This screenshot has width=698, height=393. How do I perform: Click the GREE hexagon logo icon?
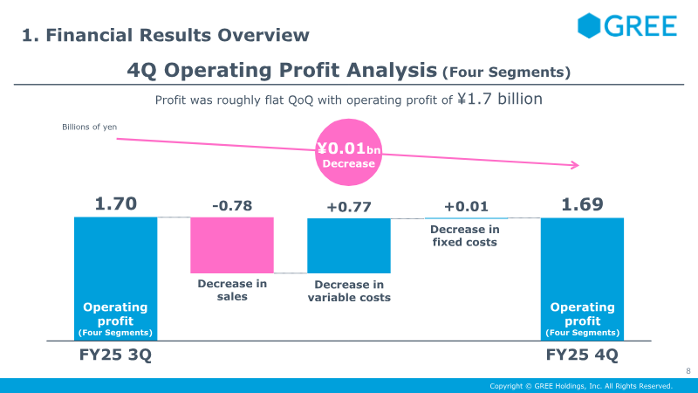591,25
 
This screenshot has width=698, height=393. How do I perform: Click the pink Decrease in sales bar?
232,245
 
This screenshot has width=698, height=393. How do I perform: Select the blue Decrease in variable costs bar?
349,245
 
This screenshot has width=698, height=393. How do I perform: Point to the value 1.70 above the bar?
115,204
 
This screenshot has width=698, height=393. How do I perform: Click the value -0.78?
232,206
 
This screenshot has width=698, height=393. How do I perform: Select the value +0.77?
349,206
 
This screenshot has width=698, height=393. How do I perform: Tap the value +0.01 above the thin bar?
466,206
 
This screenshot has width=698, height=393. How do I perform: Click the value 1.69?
582,204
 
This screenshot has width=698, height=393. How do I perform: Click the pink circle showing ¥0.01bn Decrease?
348,155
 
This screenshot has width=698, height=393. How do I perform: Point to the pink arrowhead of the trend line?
575,165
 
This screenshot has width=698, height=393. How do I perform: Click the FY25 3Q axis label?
115,356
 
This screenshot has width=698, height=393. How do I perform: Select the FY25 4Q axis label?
582,356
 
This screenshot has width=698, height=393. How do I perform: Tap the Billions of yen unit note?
89,128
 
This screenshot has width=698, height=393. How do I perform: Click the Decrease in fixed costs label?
466,236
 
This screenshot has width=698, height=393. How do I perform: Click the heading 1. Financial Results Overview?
166,35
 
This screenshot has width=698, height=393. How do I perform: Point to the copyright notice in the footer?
580,386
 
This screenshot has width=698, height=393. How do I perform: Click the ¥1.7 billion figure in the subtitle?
500,99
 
